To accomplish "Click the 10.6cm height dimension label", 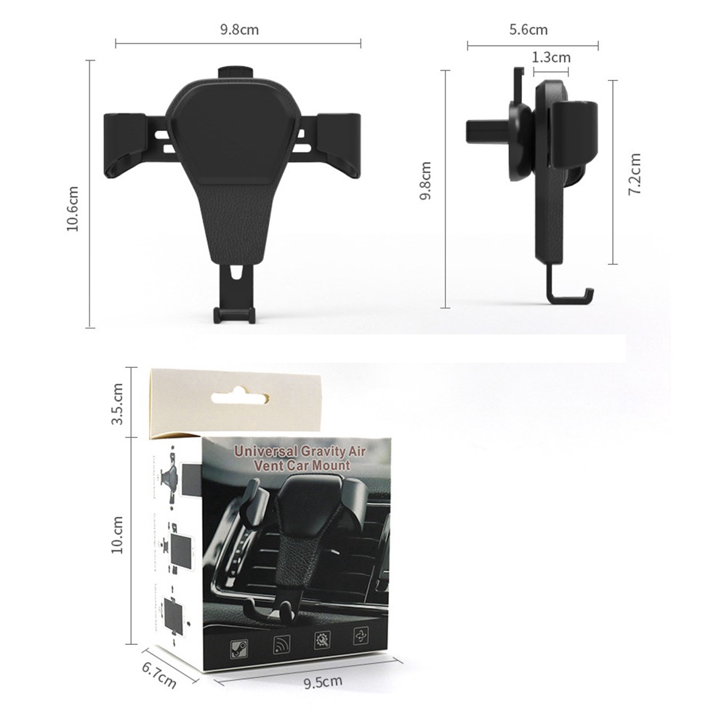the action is (x=73, y=209).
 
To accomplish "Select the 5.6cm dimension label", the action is (x=529, y=30).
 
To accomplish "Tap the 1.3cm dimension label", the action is (x=551, y=57).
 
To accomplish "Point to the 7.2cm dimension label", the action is (x=634, y=174).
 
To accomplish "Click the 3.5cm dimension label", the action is (x=117, y=403).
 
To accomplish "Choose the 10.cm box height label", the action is (x=117, y=534).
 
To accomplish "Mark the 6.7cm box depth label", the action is (x=159, y=675).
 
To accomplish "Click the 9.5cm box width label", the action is (x=324, y=682).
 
